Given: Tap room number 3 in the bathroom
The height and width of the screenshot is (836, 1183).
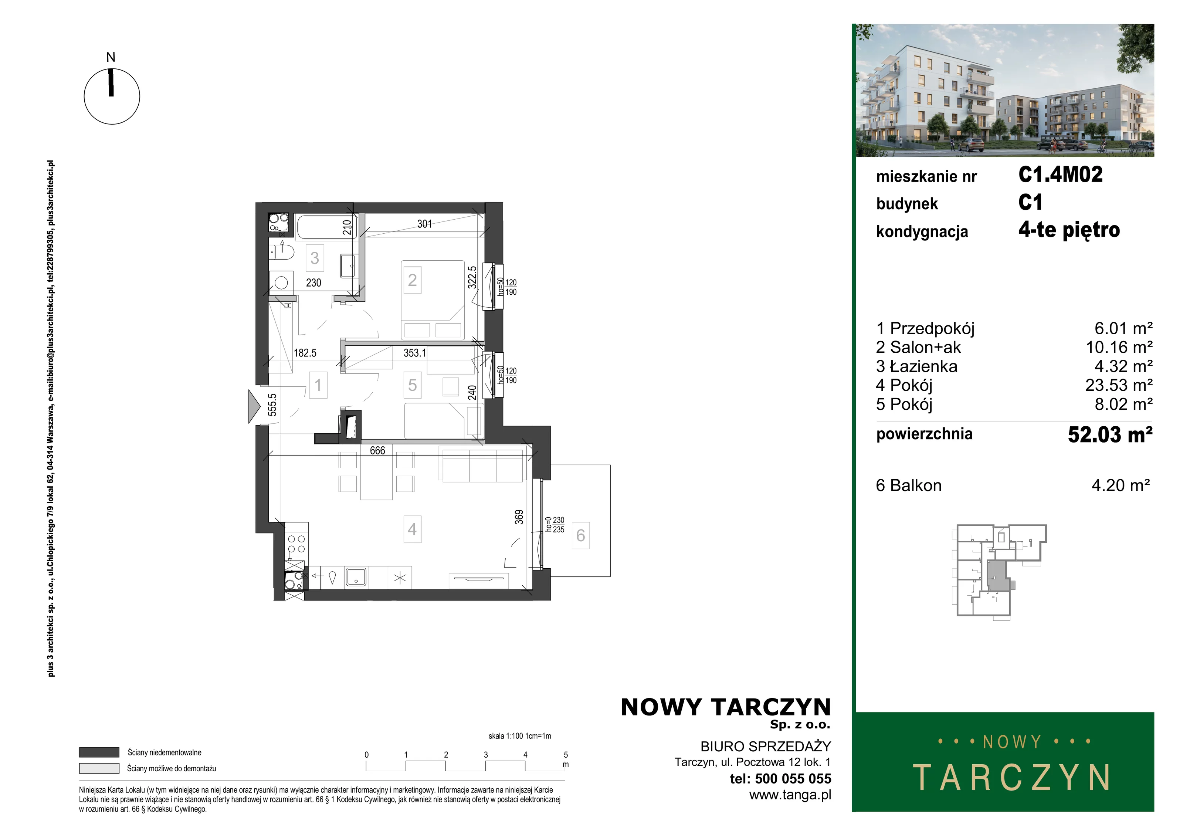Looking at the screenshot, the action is (x=314, y=258).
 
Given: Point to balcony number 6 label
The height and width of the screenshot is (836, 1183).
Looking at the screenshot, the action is (x=581, y=535).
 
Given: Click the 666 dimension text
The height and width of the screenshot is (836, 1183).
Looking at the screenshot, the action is (x=377, y=450).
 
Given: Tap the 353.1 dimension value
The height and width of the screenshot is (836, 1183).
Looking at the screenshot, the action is (x=415, y=353).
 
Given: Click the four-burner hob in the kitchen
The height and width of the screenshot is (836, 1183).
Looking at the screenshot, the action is (x=296, y=544).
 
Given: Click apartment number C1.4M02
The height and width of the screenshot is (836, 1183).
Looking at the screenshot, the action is (x=1060, y=175).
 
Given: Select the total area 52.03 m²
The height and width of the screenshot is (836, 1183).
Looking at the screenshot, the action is (x=1110, y=434).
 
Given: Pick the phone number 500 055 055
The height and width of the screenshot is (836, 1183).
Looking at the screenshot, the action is (x=793, y=779).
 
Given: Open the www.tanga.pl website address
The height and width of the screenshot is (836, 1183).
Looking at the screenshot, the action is (x=790, y=795).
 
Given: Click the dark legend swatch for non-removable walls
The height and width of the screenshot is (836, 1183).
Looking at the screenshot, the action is (x=99, y=752).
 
